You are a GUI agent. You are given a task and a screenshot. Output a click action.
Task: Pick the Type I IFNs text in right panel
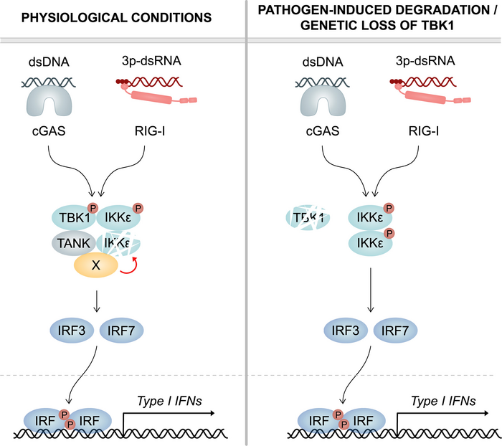click(x=440, y=402)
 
